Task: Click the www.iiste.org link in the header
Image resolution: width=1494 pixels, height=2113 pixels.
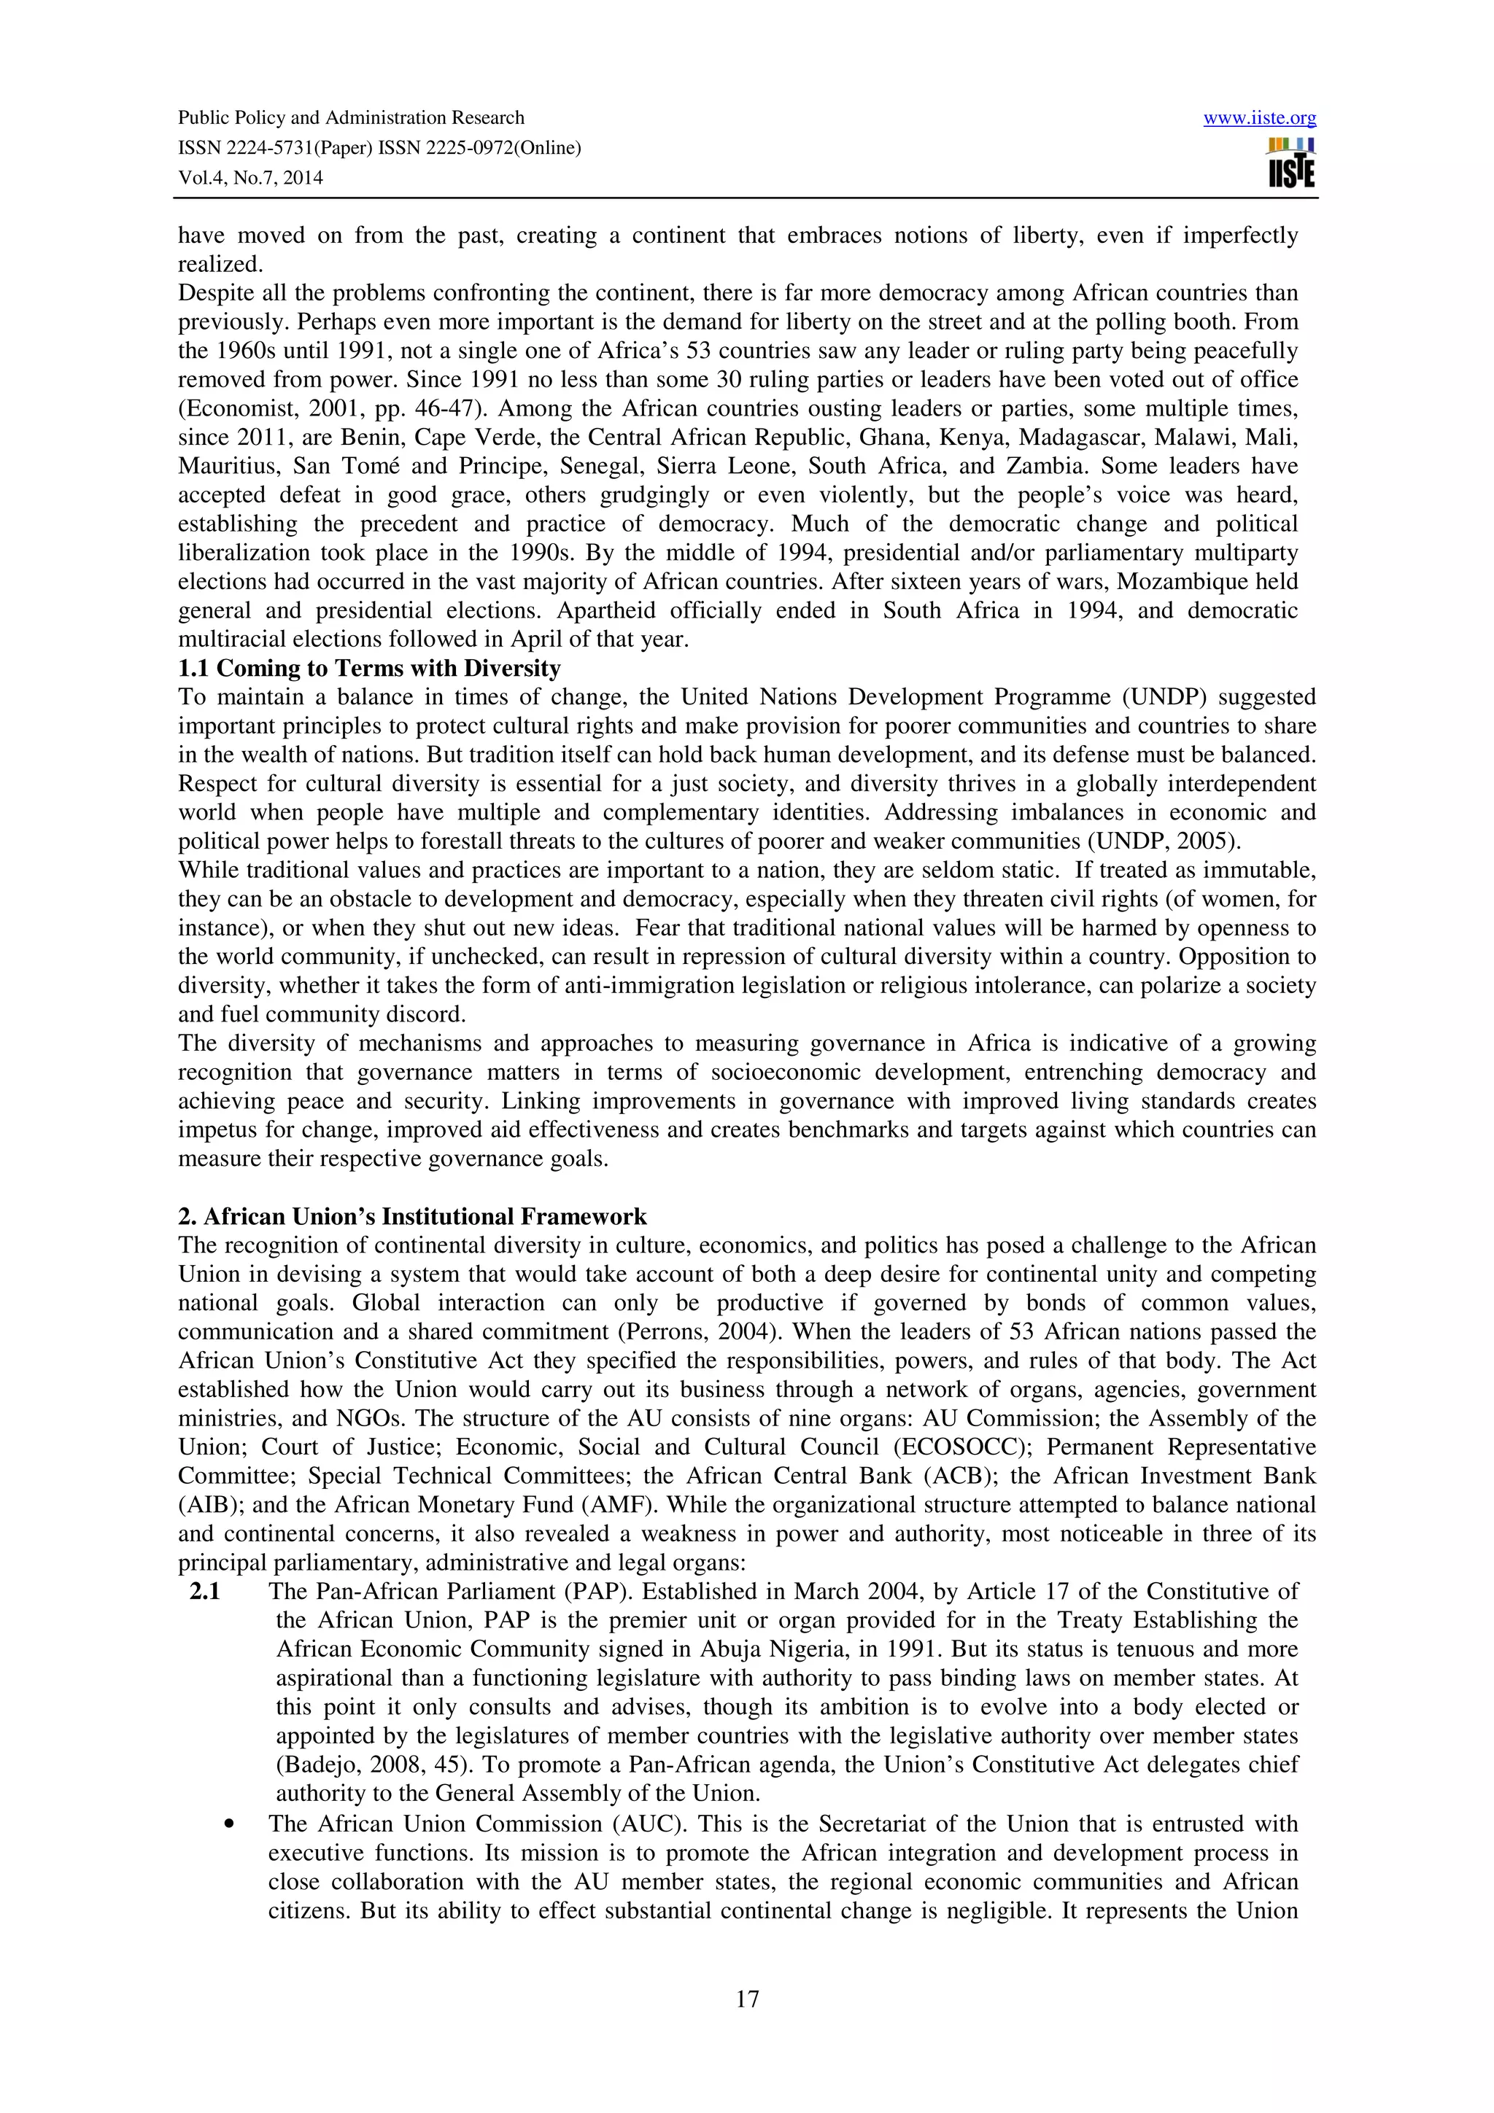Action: click(1259, 118)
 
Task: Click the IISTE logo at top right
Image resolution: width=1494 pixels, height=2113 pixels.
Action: click(1291, 163)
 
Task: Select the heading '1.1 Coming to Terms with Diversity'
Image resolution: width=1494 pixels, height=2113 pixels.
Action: click(369, 668)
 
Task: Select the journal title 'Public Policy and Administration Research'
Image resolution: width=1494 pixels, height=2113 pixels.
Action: click(351, 118)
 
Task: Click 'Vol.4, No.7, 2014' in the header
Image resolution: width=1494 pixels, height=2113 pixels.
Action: click(249, 179)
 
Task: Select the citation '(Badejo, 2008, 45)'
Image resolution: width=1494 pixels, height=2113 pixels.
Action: click(366, 1765)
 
